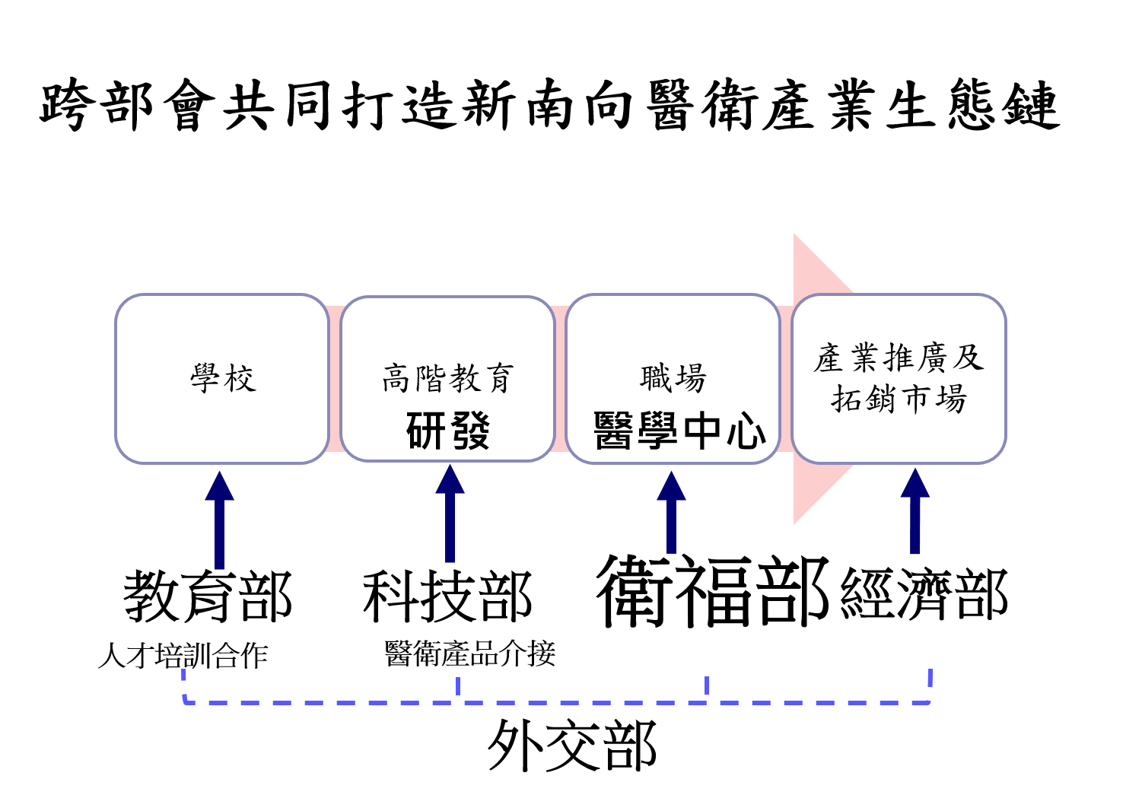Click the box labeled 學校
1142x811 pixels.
(x=222, y=378)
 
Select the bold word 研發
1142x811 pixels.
(x=447, y=430)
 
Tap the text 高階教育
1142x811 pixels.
(x=447, y=378)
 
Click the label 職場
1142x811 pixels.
(x=673, y=378)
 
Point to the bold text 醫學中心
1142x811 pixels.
(x=679, y=431)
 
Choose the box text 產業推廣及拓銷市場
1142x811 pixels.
(x=899, y=378)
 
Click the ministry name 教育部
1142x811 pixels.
(x=208, y=597)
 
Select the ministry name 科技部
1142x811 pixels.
(x=447, y=597)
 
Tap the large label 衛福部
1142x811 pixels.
(x=712, y=592)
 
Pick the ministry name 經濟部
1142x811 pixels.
(x=924, y=595)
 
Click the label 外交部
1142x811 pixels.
(x=571, y=747)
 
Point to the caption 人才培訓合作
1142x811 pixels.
(x=183, y=656)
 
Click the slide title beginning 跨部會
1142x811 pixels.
(x=549, y=105)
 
